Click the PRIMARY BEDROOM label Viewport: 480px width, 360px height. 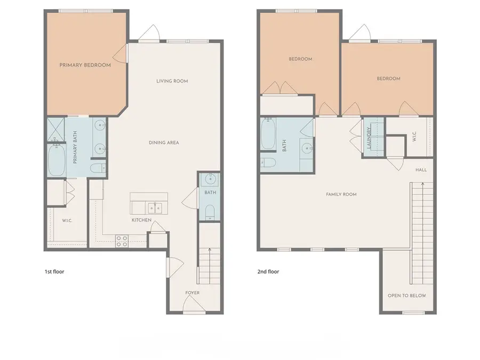(x=85, y=65)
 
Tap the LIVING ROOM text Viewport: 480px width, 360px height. (x=172, y=81)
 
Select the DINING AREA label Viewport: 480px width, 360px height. (x=164, y=142)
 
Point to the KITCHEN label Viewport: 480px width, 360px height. (x=141, y=220)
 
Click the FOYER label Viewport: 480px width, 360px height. (x=192, y=293)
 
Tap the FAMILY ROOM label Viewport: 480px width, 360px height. (x=341, y=194)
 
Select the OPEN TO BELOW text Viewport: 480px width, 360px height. (x=407, y=295)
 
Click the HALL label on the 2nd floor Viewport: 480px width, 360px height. (x=421, y=170)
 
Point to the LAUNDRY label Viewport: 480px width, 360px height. (x=369, y=138)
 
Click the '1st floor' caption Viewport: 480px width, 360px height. (x=54, y=271)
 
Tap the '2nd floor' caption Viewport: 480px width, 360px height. (x=268, y=271)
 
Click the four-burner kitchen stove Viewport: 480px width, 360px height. (x=122, y=241)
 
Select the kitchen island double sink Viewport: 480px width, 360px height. (x=155, y=208)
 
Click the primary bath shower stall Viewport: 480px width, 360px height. (x=55, y=130)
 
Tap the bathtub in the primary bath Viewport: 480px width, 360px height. (x=57, y=161)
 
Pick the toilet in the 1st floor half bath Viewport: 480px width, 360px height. (x=210, y=212)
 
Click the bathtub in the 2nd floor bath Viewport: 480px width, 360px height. (x=268, y=134)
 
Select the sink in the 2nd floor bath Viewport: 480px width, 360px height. (x=307, y=148)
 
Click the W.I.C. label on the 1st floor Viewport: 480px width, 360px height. (x=67, y=221)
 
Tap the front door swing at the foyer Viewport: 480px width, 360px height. (x=194, y=303)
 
